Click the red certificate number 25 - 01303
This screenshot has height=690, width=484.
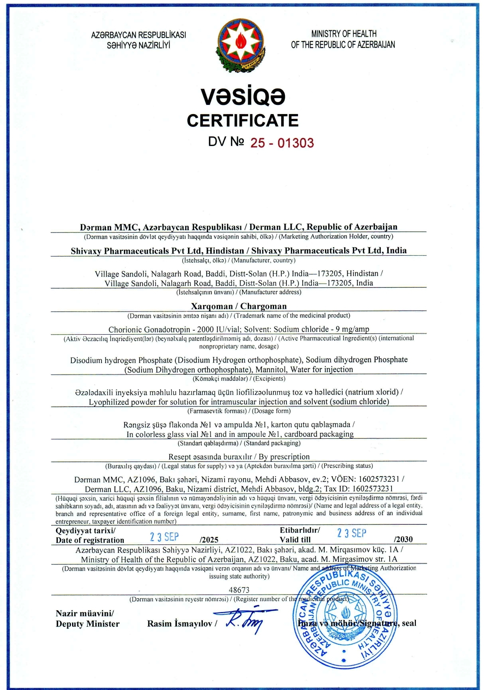pos(282,143)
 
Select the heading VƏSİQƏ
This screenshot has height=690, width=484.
pos(243,97)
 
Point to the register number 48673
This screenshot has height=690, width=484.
pos(239,590)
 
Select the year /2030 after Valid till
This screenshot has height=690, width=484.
pos(403,539)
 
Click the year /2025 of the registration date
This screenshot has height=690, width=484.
pos(209,540)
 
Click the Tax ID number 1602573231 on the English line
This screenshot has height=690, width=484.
pos(373,489)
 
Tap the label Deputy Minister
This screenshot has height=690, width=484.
pos(88,624)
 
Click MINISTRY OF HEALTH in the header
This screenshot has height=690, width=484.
pos(344,34)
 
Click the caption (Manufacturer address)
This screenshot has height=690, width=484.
pos(270,292)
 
